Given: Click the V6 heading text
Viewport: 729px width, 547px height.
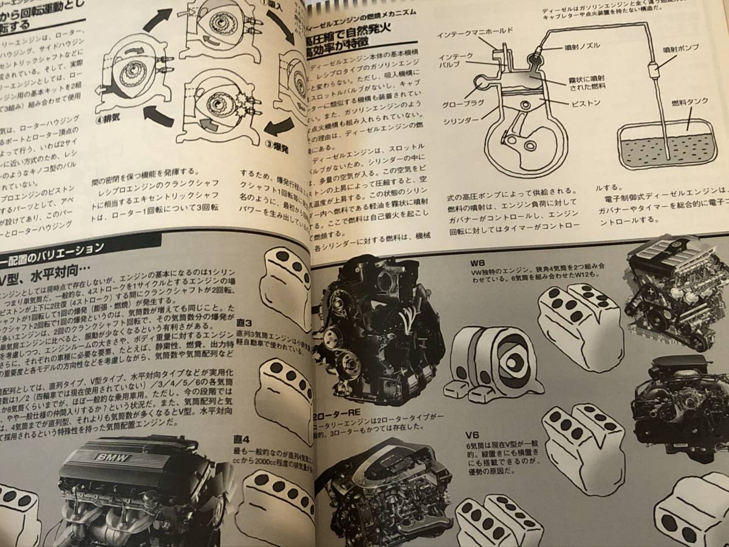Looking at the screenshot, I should click(473, 434).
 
